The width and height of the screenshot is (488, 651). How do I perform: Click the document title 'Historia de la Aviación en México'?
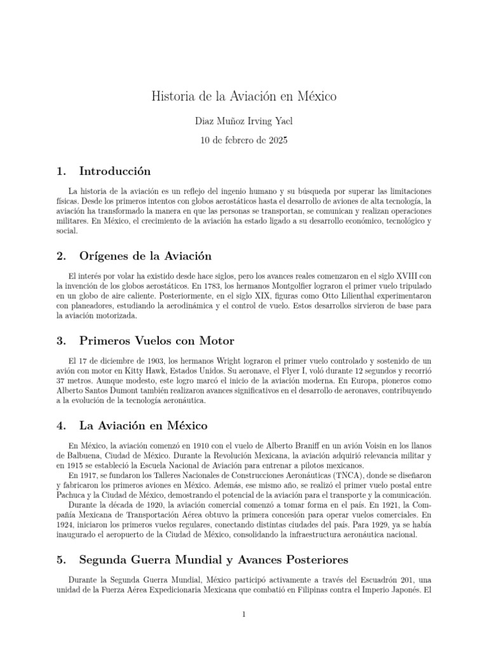pos(243,97)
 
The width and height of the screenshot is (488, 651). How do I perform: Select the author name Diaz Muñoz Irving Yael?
pos(244,121)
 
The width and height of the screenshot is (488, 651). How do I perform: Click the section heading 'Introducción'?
pos(115,171)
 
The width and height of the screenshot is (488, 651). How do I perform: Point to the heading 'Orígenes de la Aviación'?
pos(145,256)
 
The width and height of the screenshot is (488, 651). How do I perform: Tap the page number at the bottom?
pos(244,613)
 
